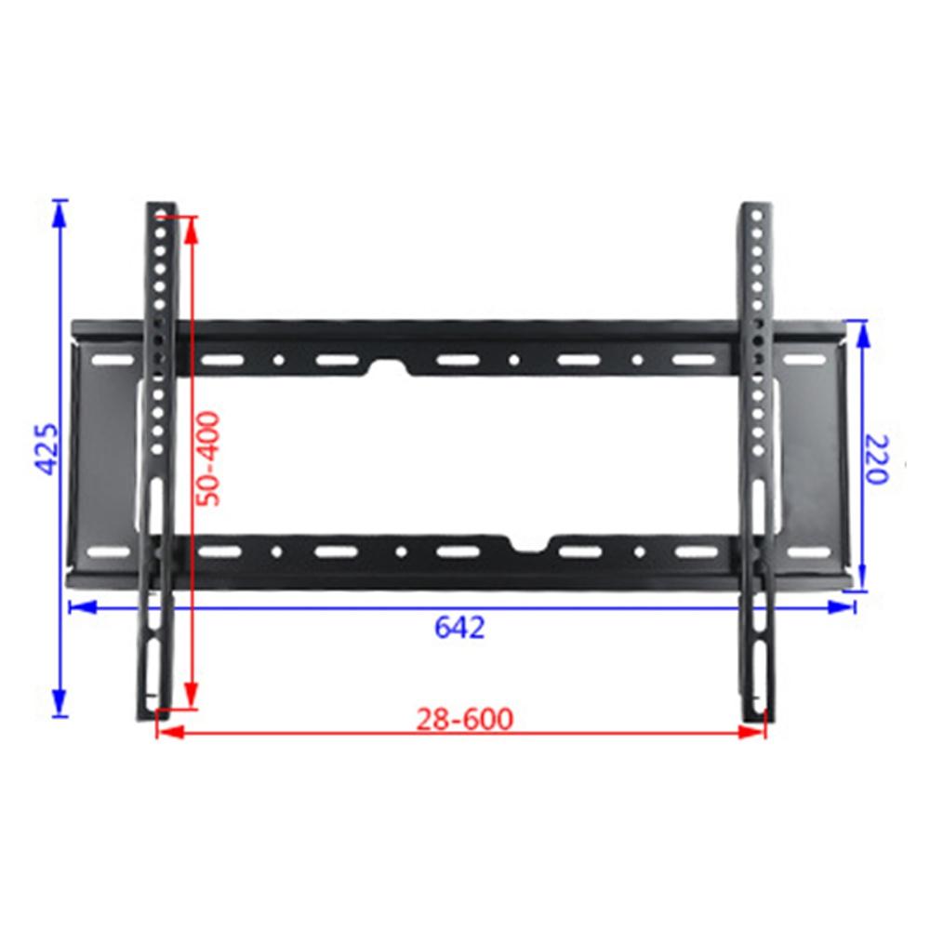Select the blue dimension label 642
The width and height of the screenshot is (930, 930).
click(x=459, y=628)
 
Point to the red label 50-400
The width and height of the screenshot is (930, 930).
click(x=212, y=458)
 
